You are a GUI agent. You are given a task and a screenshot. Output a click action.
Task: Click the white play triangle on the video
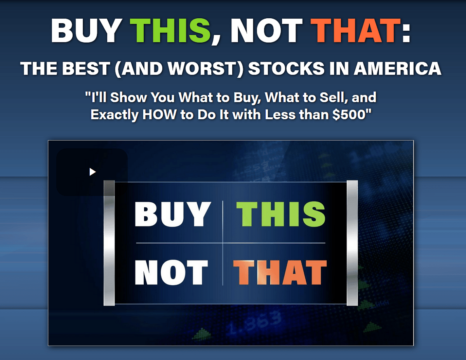pos(92,172)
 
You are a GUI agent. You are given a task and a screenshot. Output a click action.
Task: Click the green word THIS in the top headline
pos(170,30)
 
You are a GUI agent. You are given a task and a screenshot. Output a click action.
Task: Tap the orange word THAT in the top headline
pos(356,30)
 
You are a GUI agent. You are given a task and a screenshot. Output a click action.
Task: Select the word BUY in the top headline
pos(86,30)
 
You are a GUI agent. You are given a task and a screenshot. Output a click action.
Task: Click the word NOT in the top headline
pos(266,30)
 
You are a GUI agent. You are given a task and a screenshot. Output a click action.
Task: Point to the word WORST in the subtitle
pos(202,69)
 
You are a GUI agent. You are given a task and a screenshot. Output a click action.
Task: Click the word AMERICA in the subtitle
pos(398,69)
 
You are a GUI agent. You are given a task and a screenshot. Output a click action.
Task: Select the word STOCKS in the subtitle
pos(286,69)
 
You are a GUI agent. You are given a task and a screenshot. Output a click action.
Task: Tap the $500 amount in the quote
pos(349,115)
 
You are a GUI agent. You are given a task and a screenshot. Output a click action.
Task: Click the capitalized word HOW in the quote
pos(159,115)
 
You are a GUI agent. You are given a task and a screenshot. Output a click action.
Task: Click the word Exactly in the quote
pos(115,115)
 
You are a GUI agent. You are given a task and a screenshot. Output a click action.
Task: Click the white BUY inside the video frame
pos(173,214)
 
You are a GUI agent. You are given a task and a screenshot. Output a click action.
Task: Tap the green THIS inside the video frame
pos(281,214)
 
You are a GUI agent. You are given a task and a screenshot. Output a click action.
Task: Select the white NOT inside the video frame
pos(171,272)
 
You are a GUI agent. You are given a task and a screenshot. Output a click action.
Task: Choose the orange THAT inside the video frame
pos(280,272)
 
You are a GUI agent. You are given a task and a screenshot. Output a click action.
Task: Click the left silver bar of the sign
pos(109,243)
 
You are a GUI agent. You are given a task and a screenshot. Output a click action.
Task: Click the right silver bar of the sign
pos(352,243)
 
